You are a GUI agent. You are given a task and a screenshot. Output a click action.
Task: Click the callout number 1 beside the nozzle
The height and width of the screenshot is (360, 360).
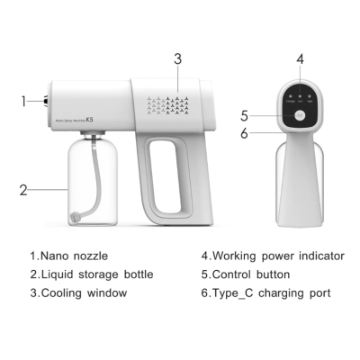point(24,101)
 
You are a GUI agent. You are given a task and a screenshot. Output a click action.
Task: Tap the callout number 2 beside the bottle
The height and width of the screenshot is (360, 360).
point(24,190)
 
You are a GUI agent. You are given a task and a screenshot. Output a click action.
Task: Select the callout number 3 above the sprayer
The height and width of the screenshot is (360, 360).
point(178,59)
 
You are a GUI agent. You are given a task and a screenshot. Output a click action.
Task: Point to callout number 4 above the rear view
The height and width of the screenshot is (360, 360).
point(301,59)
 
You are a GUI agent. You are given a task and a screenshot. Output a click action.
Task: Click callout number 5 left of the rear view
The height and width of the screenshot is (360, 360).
point(244,116)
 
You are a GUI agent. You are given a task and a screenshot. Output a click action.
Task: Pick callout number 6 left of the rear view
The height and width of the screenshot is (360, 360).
point(244,133)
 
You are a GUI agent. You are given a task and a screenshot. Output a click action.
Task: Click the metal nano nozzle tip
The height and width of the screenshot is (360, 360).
point(43,101)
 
